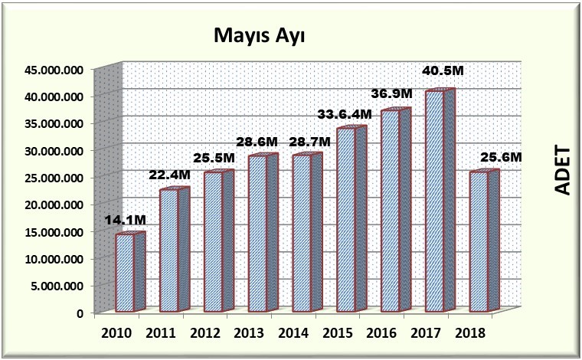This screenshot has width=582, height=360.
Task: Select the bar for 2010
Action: coord(126,273)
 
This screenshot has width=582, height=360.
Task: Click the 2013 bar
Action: coord(259,234)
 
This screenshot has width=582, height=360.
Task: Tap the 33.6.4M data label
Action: coord(345,114)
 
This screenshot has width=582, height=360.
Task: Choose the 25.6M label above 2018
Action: coord(501,157)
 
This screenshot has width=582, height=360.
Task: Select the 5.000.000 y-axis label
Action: coord(55,286)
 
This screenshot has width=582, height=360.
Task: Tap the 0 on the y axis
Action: coord(79,313)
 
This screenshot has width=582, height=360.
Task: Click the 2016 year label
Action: coord(381,334)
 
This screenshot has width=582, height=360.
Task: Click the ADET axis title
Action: coord(563,169)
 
